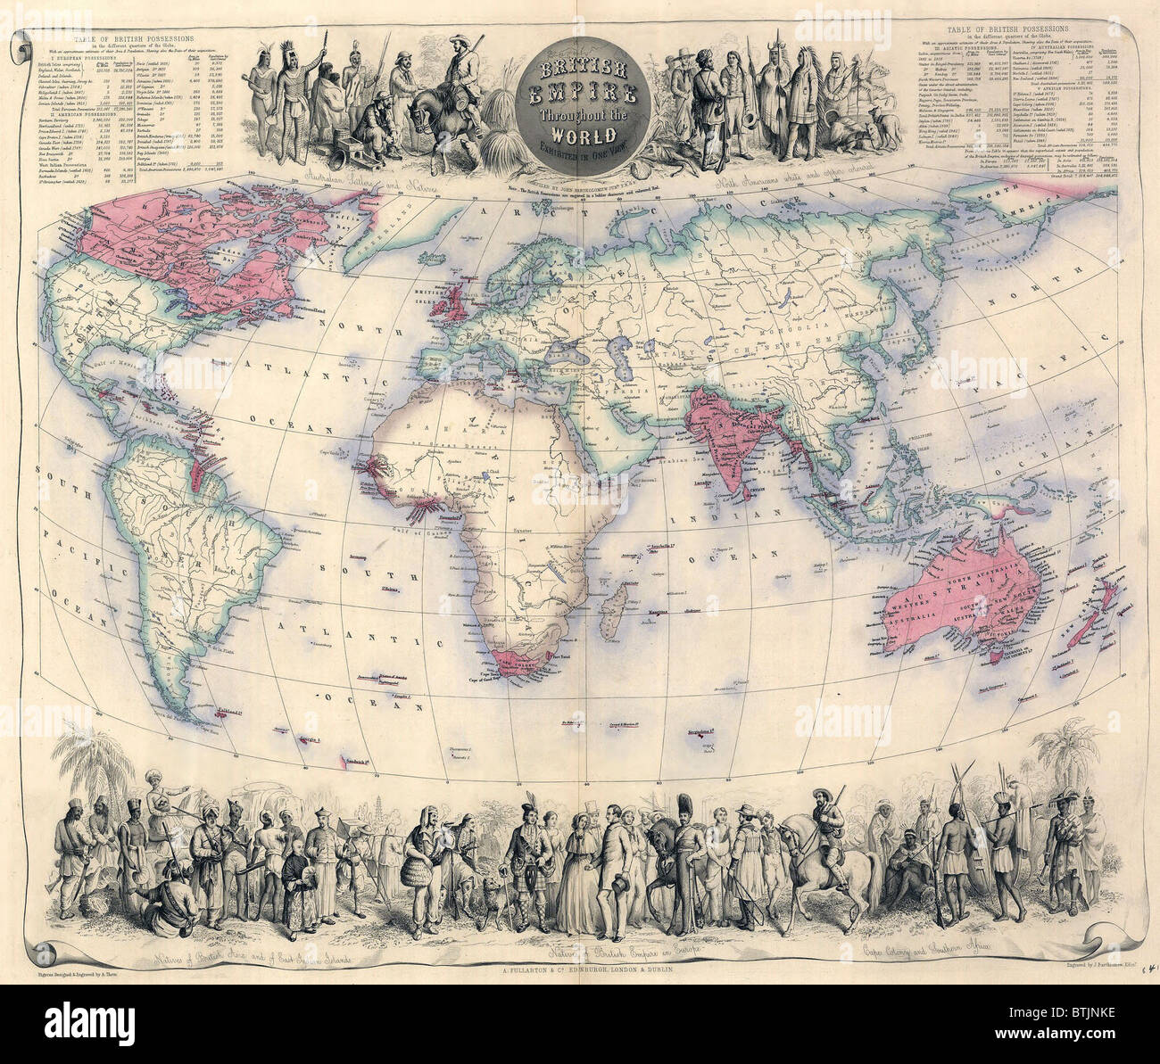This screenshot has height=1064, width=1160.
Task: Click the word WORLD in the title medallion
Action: pyautogui.click(x=580, y=136)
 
